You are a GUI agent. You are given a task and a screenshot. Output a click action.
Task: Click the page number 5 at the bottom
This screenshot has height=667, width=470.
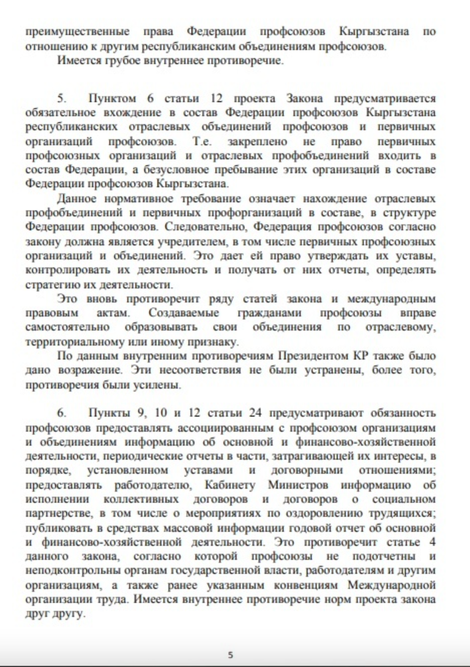click(230, 654)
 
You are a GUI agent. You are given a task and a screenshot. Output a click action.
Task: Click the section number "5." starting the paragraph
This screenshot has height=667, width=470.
click(62, 98)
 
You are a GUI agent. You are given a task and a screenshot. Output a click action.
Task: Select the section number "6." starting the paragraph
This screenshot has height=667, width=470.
click(62, 413)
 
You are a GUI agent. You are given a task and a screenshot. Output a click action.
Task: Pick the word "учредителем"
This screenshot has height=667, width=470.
click(187, 241)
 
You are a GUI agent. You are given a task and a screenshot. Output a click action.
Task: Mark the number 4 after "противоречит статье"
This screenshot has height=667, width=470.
click(432, 542)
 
